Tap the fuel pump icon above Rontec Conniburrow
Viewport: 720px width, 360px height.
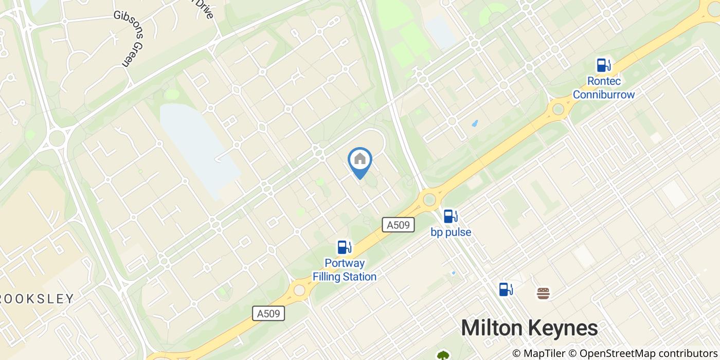(x=603, y=65)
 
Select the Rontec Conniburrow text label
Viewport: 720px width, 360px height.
(x=604, y=88)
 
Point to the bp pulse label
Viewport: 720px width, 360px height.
(x=451, y=232)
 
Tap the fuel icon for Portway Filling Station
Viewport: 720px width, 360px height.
(x=344, y=247)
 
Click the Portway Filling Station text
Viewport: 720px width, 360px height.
(x=345, y=270)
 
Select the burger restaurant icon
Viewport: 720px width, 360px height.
(x=543, y=293)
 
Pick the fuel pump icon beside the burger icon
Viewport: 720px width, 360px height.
(x=506, y=290)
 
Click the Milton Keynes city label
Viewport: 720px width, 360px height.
(x=529, y=328)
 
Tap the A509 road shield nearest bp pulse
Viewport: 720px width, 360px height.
(x=398, y=224)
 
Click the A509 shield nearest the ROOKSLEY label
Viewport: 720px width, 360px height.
(x=268, y=313)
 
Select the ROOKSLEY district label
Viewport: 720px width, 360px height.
(x=36, y=299)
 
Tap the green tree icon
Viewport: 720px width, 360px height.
(x=443, y=355)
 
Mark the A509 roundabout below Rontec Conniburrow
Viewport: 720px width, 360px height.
(x=558, y=109)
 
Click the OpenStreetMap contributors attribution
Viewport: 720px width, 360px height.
(x=648, y=353)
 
